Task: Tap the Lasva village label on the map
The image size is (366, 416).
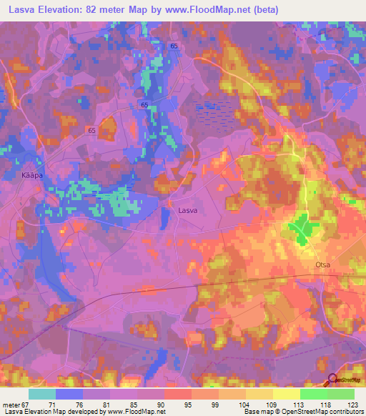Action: [x=188, y=211]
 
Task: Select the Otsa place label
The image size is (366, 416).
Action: [x=322, y=264]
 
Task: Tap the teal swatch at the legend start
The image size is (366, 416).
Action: [x=42, y=394]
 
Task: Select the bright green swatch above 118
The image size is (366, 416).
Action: [x=313, y=394]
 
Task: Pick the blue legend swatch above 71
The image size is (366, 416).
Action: [x=69, y=394]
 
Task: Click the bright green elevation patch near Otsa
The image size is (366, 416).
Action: [x=305, y=229]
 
